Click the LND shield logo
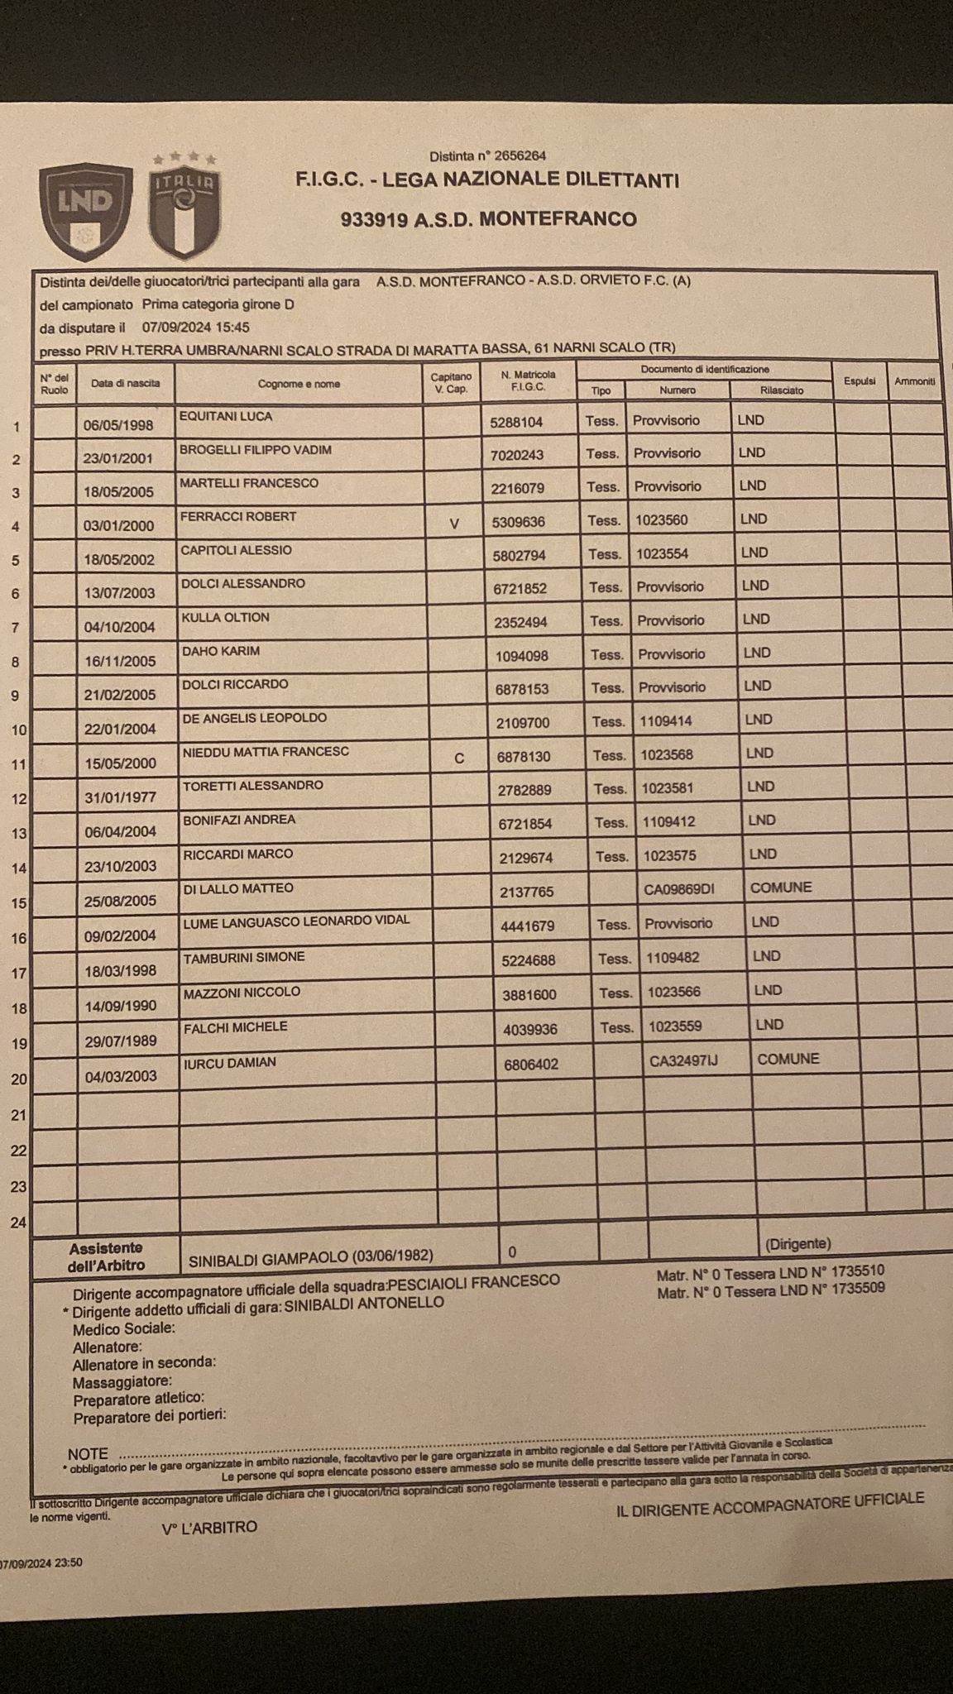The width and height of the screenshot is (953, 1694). pyautogui.click(x=85, y=209)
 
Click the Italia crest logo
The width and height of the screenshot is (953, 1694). pyautogui.click(x=184, y=207)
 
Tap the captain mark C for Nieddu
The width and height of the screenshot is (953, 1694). pyautogui.click(x=459, y=757)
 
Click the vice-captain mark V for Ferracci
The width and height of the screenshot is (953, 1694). pyautogui.click(x=453, y=523)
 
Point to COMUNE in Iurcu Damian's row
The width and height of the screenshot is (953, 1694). pyautogui.click(x=788, y=1059)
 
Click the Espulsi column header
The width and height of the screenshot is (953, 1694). pyautogui.click(x=860, y=381)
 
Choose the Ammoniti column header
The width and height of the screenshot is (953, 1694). pyautogui.click(x=914, y=381)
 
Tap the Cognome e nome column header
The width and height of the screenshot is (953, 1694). pyautogui.click(x=299, y=384)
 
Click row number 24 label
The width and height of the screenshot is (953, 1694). pyautogui.click(x=18, y=1223)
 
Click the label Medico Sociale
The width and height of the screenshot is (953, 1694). pyautogui.click(x=124, y=1328)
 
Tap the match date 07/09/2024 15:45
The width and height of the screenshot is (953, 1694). pyautogui.click(x=196, y=328)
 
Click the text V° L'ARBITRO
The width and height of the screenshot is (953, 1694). pyautogui.click(x=209, y=1527)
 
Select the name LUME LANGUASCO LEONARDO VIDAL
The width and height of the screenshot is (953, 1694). pyautogui.click(x=296, y=921)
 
